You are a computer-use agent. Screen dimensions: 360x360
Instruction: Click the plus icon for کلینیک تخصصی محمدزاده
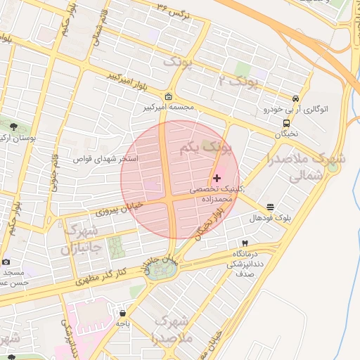pyautogui.click(x=217, y=179)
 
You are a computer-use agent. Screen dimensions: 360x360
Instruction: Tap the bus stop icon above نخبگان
pyautogui.click(x=286, y=123)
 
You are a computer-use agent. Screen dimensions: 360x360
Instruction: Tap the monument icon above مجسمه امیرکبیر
pyautogui.click(x=168, y=97)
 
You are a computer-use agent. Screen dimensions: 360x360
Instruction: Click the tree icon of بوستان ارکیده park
pyautogui.click(x=13, y=127)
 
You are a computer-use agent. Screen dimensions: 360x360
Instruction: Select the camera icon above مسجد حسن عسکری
pyautogui.click(x=6, y=261)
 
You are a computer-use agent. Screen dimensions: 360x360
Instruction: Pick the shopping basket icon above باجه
pyautogui.click(x=123, y=314)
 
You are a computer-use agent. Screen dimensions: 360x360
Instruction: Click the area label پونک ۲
pyautogui.click(x=239, y=81)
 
